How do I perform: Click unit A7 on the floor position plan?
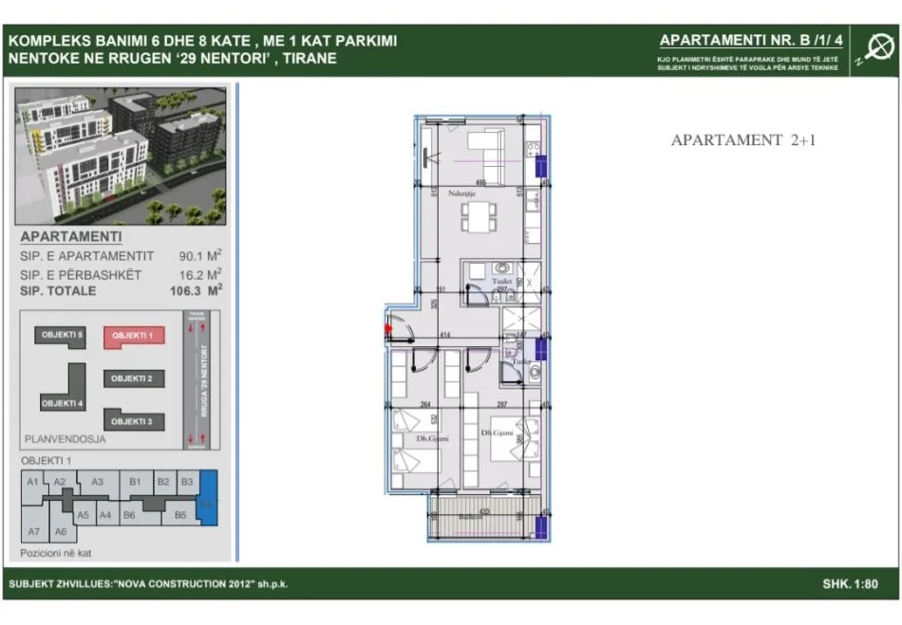[x=34, y=531]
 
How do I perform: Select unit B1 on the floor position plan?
[x=136, y=482]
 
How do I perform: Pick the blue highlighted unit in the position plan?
[x=207, y=498]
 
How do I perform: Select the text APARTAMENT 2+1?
[x=743, y=140]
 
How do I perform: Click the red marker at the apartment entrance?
[x=387, y=329]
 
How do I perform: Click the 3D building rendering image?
[x=122, y=156]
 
